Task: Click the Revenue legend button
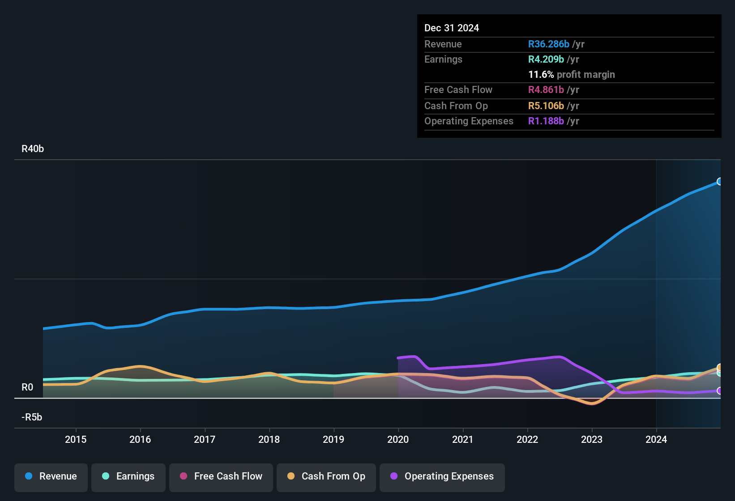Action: tap(51, 476)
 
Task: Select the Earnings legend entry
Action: tap(128, 476)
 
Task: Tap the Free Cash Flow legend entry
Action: tap(221, 476)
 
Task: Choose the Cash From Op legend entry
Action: tap(326, 476)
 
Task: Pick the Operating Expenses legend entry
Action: tap(442, 476)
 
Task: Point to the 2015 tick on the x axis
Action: tap(76, 439)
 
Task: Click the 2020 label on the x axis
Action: tap(398, 439)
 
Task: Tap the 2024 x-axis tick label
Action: tap(656, 439)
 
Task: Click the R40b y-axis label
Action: tap(33, 149)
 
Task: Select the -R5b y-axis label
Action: tap(32, 417)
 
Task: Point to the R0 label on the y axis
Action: tap(27, 387)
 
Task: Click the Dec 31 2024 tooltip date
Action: tap(451, 28)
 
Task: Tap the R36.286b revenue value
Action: tap(548, 44)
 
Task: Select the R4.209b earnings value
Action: tap(546, 59)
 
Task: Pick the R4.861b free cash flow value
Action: tap(546, 90)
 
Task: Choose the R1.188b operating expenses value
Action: tap(546, 121)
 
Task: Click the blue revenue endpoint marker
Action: tap(719, 182)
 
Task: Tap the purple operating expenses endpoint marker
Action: tap(719, 391)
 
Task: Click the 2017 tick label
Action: tap(205, 439)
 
